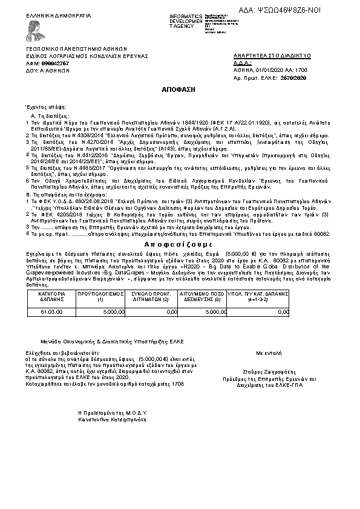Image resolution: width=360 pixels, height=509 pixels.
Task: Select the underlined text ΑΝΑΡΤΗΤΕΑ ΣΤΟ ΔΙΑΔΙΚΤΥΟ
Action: [272, 56]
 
